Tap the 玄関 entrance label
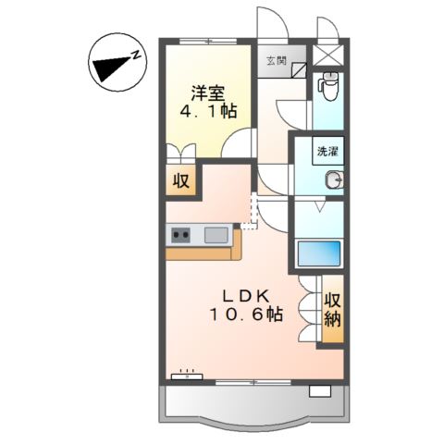[x=276, y=61]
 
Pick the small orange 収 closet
[x=182, y=181]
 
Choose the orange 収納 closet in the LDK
[x=332, y=312]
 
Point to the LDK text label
[x=244, y=296]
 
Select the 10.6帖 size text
[x=244, y=314]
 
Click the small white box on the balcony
[x=319, y=391]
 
